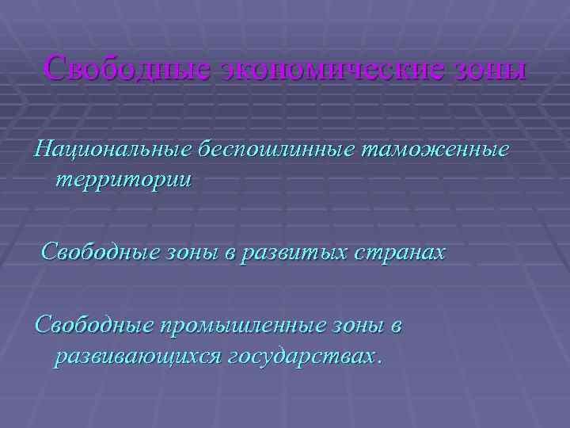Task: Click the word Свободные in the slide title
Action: (125, 67)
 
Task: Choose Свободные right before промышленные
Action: (89, 326)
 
